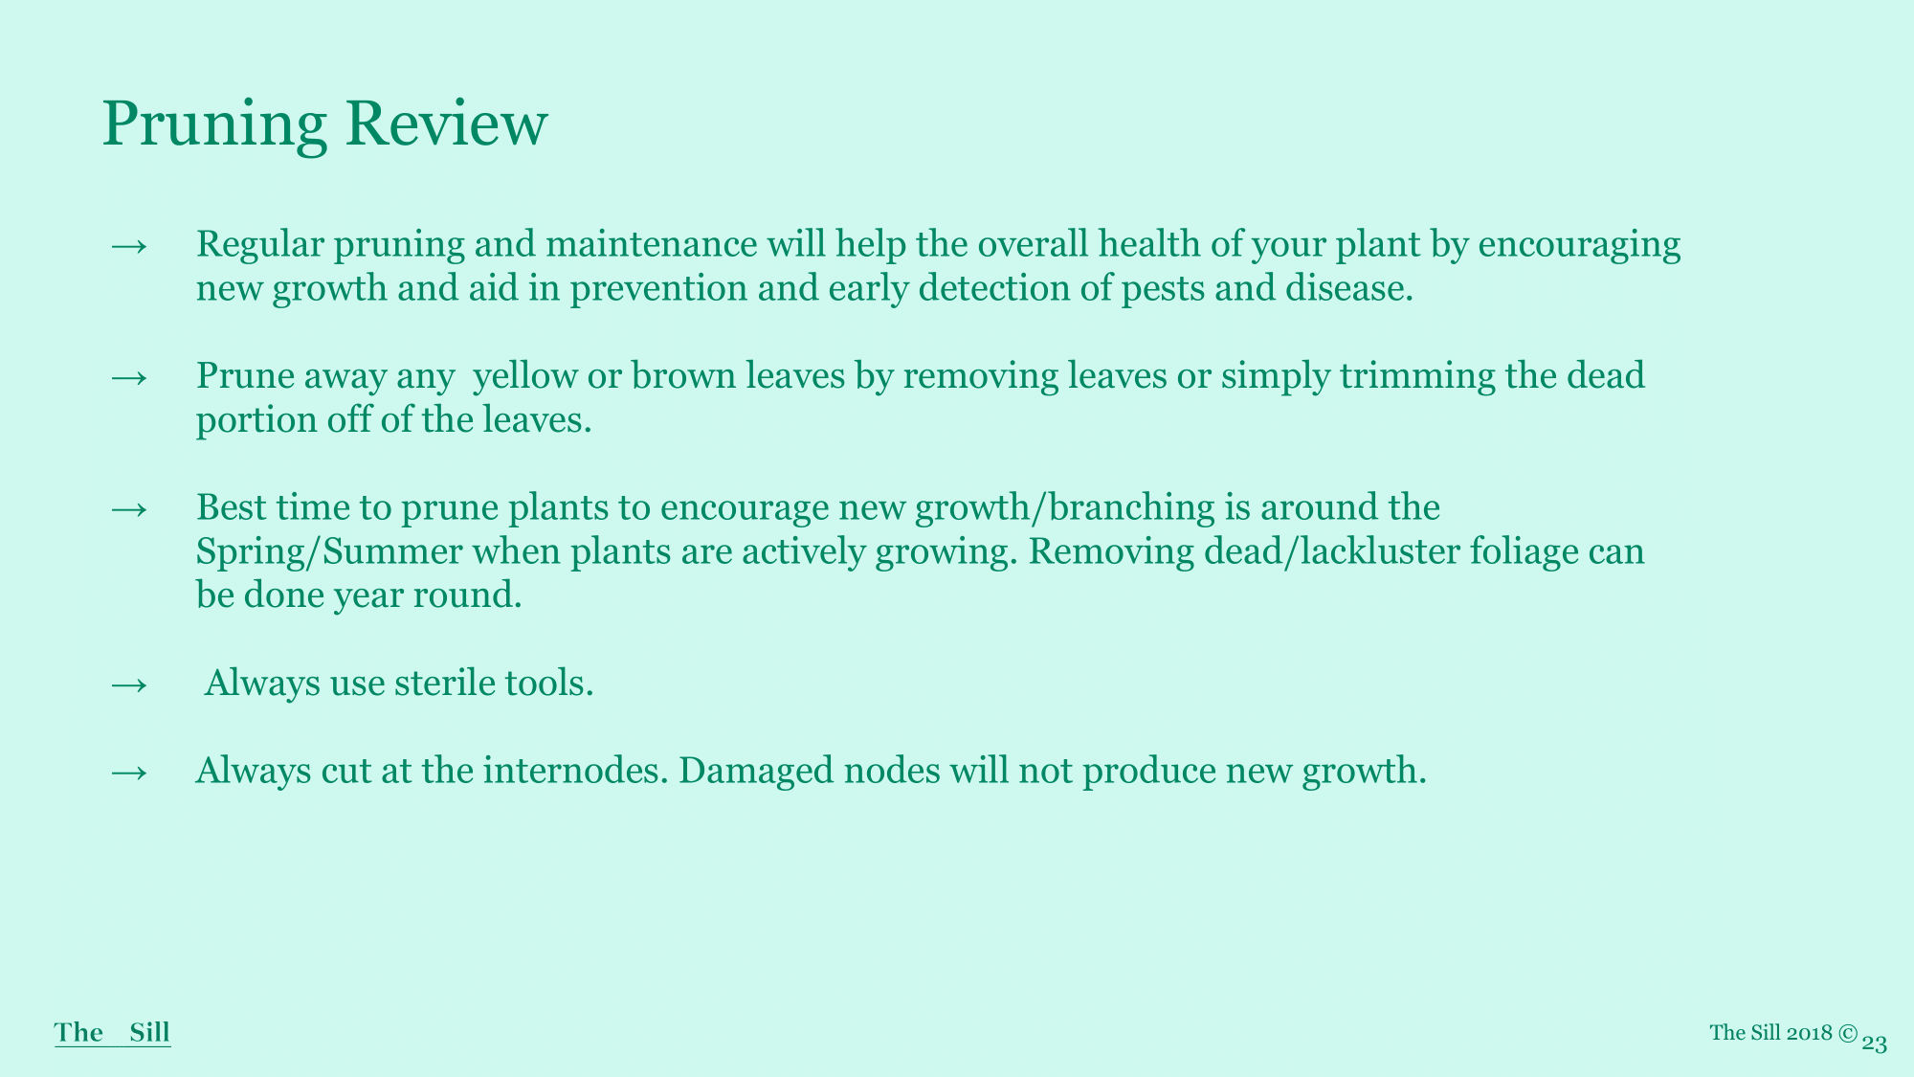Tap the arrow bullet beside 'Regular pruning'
pyautogui.click(x=129, y=246)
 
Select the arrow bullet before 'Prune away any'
pyautogui.click(x=129, y=377)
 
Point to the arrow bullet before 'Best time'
pyautogui.click(x=129, y=508)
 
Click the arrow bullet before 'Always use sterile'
pyautogui.click(x=129, y=684)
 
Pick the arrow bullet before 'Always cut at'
pyautogui.click(x=129, y=772)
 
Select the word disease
pyautogui.click(x=1349, y=288)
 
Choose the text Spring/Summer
pyautogui.click(x=329, y=553)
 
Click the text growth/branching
pyautogui.click(x=1065, y=509)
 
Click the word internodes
pyautogui.click(x=575, y=771)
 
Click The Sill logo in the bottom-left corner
pyautogui.click(x=112, y=1033)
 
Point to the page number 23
pyautogui.click(x=1875, y=1043)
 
